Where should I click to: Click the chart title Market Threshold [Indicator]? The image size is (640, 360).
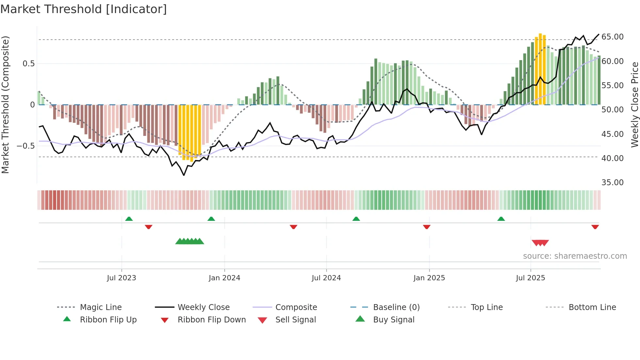(84, 9)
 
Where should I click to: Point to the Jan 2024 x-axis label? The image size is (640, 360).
(224, 278)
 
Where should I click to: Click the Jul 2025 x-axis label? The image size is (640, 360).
(530, 278)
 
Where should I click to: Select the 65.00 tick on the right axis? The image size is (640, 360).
(612, 37)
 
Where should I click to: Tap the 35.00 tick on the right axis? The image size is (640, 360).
(612, 182)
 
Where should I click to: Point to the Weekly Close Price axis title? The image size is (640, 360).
(634, 105)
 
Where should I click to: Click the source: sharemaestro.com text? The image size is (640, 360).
(575, 256)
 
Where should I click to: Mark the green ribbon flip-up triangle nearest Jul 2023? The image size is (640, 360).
(129, 219)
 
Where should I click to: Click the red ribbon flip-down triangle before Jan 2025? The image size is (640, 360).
(426, 227)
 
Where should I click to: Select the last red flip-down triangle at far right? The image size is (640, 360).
(595, 227)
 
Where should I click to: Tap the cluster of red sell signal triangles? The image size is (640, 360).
(540, 243)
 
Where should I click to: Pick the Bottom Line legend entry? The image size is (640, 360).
(592, 307)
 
